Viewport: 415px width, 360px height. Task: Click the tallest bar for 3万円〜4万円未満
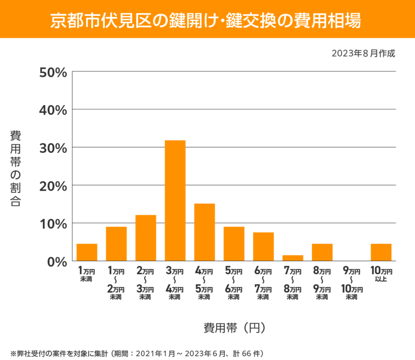[x=175, y=200]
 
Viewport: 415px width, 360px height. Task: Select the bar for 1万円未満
[x=87, y=252]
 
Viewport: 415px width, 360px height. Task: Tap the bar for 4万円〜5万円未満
[x=205, y=232]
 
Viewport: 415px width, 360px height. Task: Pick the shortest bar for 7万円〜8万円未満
[x=293, y=258]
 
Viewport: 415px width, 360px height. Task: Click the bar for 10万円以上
[x=381, y=252]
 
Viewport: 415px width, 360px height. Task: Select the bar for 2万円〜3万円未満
[x=146, y=238]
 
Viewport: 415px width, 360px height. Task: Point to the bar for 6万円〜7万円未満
[x=263, y=246]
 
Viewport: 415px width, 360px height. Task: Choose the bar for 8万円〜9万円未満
[x=322, y=252]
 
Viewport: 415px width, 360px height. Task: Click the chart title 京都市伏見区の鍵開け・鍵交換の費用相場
[x=207, y=20]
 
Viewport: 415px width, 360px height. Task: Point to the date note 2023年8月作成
[x=363, y=53]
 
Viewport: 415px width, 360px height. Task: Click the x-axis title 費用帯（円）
[x=234, y=328]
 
